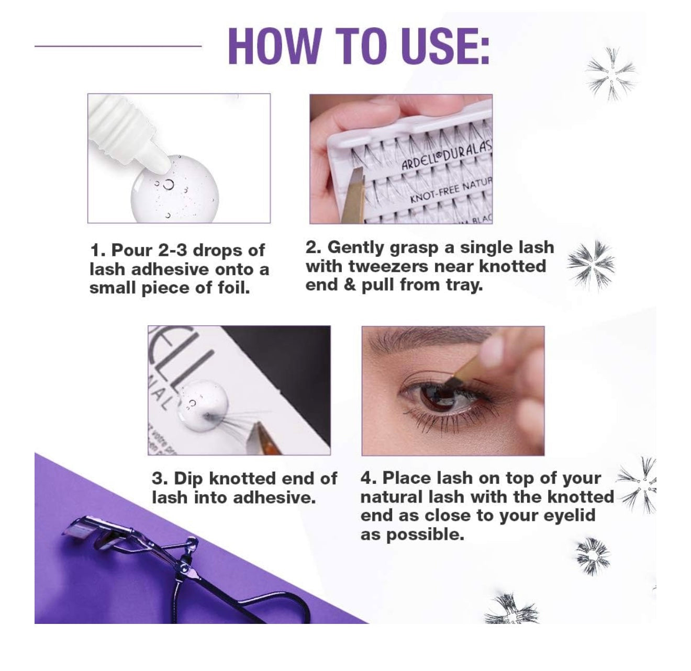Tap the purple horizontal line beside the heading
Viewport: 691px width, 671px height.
point(118,46)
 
